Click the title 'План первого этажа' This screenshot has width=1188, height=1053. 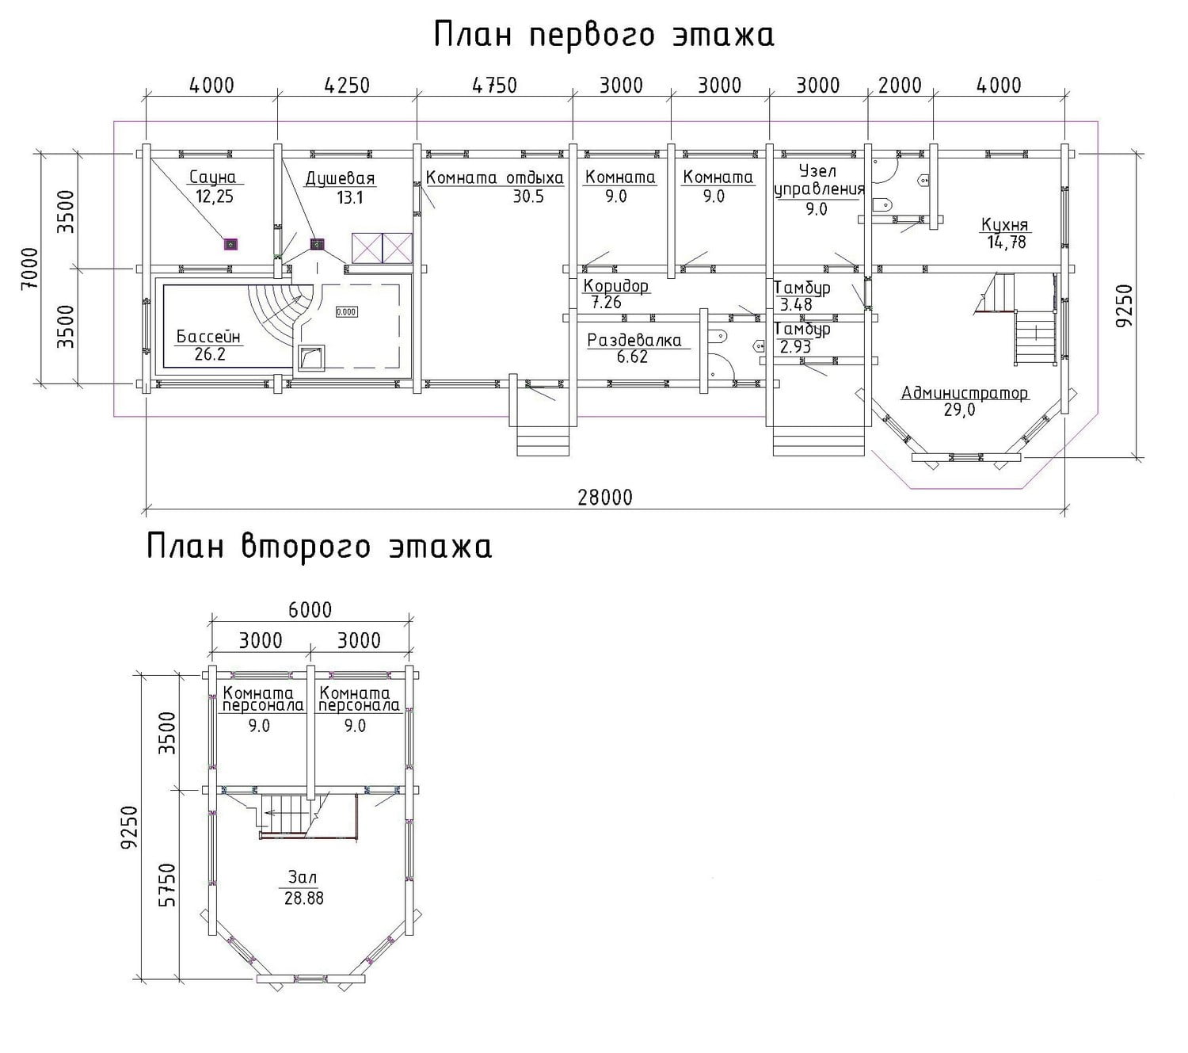click(604, 35)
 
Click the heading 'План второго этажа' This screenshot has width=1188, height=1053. click(319, 547)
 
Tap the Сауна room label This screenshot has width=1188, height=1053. click(213, 177)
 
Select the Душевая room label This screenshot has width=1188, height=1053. click(340, 178)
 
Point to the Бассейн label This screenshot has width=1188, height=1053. click(208, 337)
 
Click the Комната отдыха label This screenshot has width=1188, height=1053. click(494, 177)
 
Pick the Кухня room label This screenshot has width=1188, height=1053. click(1005, 225)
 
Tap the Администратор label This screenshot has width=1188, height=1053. click(965, 393)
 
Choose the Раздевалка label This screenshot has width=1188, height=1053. click(634, 340)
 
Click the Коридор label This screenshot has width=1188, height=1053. click(615, 286)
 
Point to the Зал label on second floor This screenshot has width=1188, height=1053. click(303, 877)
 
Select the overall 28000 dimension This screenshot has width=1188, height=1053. click(605, 498)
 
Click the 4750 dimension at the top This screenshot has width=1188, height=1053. click(495, 86)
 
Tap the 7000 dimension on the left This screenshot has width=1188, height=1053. click(29, 268)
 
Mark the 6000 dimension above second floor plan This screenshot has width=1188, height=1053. click(310, 610)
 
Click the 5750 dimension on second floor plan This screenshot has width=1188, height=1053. click(167, 885)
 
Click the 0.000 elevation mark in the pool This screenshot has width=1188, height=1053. click(346, 312)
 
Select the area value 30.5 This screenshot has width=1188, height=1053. click(528, 196)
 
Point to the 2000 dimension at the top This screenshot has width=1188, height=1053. click(900, 86)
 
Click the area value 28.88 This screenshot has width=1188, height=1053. click(304, 898)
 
